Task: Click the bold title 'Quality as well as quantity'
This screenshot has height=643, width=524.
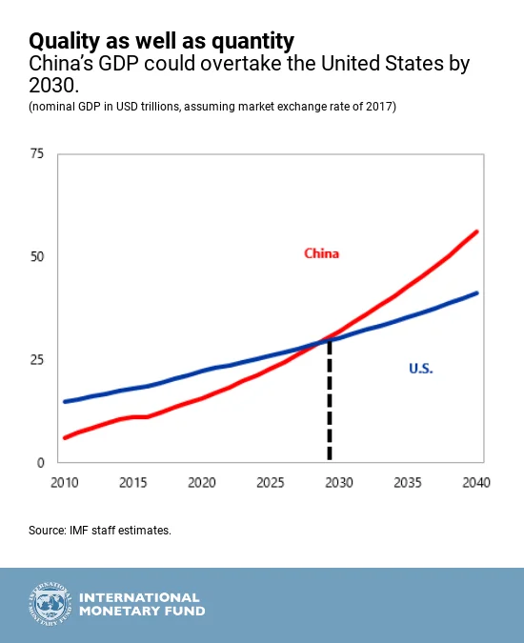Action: [x=161, y=41]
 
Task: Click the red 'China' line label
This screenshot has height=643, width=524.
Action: [x=321, y=253]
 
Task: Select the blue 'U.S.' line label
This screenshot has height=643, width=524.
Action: [x=419, y=368]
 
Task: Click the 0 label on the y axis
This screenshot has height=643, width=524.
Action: [x=41, y=463]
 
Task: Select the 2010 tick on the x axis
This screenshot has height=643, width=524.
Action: [x=65, y=482]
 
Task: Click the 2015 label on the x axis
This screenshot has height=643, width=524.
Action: [x=132, y=482]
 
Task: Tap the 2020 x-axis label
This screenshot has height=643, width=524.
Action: [x=201, y=482]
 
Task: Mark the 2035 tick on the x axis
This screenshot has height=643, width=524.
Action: [x=407, y=482]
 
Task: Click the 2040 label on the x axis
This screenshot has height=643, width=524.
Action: [x=474, y=482]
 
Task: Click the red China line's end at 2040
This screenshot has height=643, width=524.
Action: [x=476, y=231]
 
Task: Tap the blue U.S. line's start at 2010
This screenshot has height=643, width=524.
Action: [x=65, y=401]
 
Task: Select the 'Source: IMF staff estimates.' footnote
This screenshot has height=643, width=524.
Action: [x=100, y=530]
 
